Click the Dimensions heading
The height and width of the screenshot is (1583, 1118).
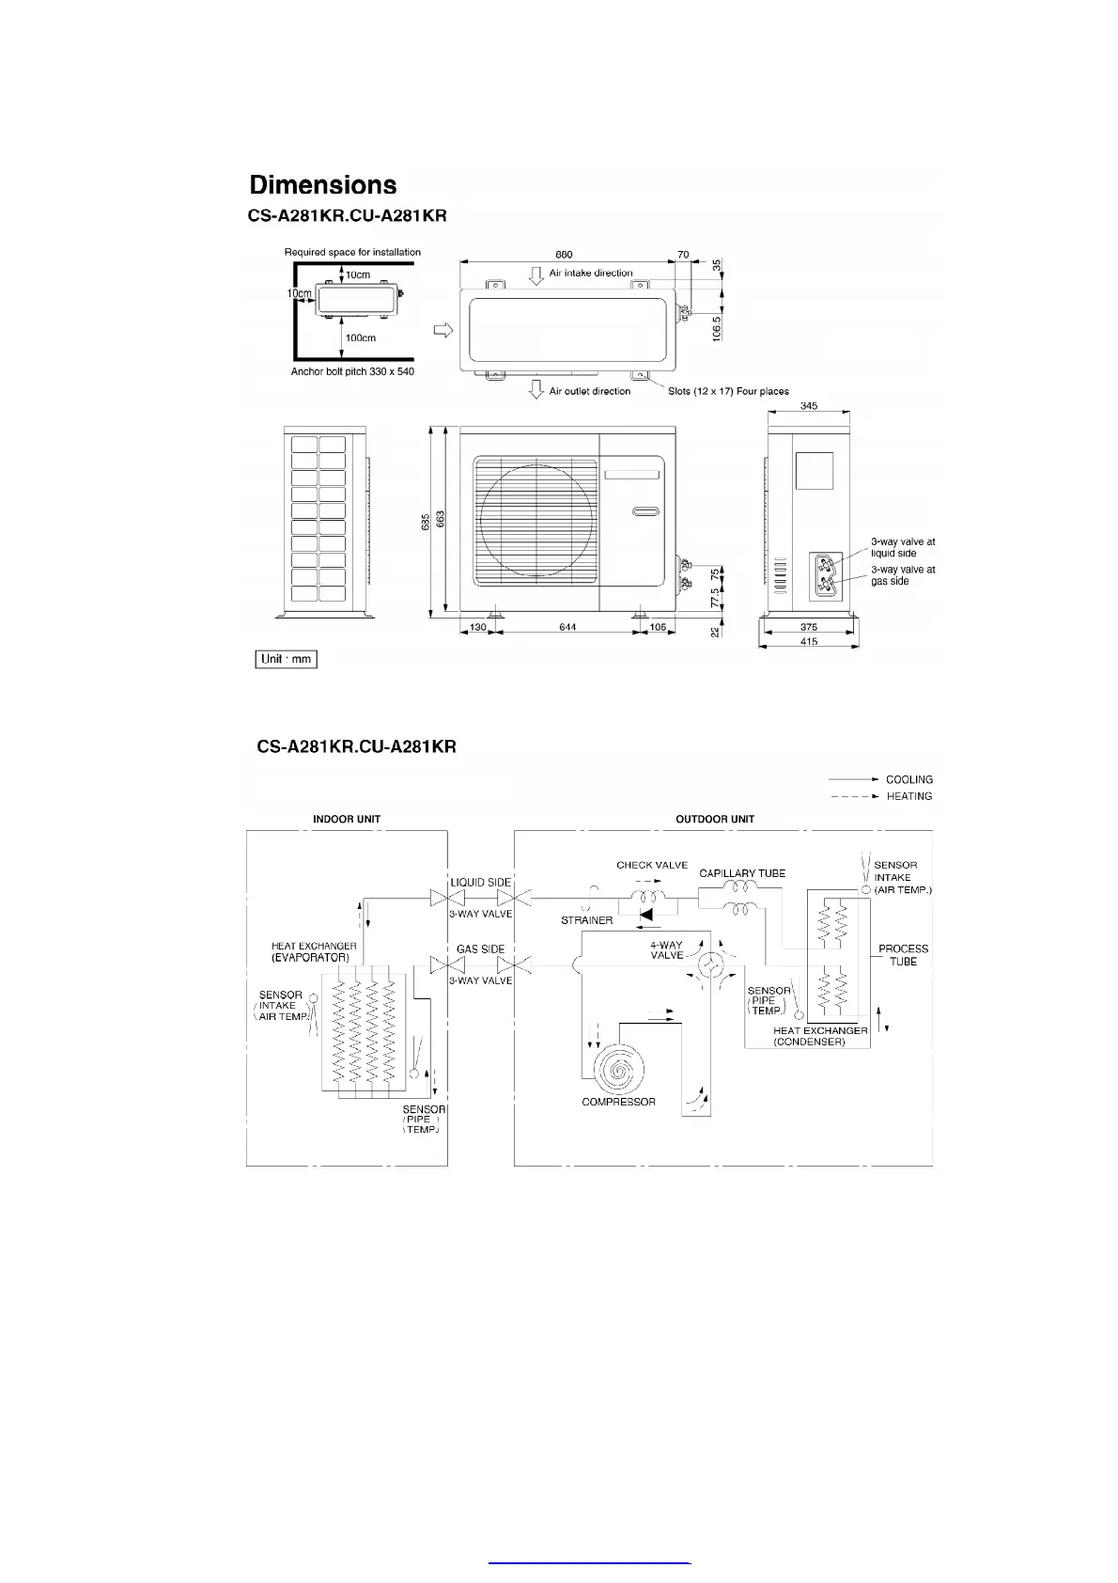323,185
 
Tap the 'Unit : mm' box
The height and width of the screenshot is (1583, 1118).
287,659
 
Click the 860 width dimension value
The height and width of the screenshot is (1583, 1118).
564,255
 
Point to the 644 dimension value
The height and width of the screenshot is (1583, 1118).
567,627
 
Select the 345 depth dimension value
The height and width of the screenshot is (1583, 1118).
809,406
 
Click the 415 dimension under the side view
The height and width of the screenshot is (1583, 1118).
809,641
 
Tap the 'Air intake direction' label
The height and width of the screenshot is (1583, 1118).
591,274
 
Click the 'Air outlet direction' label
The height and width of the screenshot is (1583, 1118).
590,391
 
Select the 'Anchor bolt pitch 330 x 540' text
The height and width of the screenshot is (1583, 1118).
352,372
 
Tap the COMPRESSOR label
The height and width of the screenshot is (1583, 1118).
618,1102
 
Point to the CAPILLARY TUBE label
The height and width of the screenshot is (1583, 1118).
742,873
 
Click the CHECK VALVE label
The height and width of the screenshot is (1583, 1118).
652,865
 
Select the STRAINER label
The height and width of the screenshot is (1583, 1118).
587,920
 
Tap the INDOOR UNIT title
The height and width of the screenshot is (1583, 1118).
347,819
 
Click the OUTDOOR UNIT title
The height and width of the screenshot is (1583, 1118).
715,819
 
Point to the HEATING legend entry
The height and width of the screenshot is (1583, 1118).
908,796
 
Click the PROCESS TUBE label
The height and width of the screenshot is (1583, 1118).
903,955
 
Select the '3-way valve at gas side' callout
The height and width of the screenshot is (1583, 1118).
903,575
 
